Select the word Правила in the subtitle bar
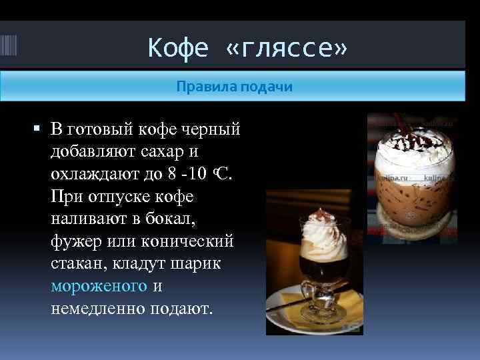pos(201,87)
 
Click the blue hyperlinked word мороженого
pos(99,286)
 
